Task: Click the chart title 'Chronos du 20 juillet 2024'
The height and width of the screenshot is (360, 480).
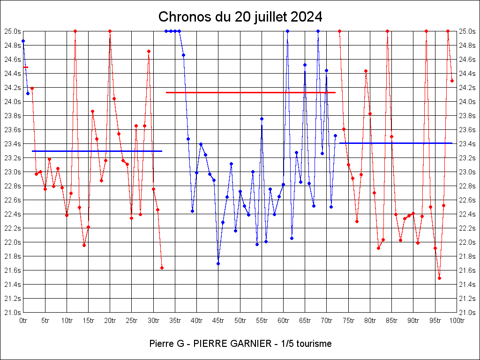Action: point(240,17)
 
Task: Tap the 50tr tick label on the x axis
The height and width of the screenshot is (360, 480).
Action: point(240,321)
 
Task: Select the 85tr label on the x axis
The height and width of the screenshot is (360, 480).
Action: point(391,321)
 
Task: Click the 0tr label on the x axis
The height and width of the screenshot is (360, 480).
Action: point(23,321)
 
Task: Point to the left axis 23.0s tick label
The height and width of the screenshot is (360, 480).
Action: point(12,172)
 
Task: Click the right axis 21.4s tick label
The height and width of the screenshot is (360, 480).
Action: point(468,285)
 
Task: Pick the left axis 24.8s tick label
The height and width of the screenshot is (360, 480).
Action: point(12,45)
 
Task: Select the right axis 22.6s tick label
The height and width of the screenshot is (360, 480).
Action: point(468,200)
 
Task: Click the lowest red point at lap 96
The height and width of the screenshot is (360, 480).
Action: point(439,278)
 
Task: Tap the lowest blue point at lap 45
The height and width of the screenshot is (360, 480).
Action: point(218,263)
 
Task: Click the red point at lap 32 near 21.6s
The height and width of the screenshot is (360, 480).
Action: point(162,268)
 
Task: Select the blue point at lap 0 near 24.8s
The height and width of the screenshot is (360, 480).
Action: point(23,41)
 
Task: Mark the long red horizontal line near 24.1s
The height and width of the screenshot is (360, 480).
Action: point(250,92)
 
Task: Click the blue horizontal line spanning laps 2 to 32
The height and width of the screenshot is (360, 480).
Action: point(97,151)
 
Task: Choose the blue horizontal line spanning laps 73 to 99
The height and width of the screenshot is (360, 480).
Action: point(396,143)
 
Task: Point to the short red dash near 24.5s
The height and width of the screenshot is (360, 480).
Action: point(26,67)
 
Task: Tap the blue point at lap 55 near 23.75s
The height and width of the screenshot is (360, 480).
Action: point(262,119)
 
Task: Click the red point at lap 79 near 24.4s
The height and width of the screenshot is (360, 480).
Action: point(366,71)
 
